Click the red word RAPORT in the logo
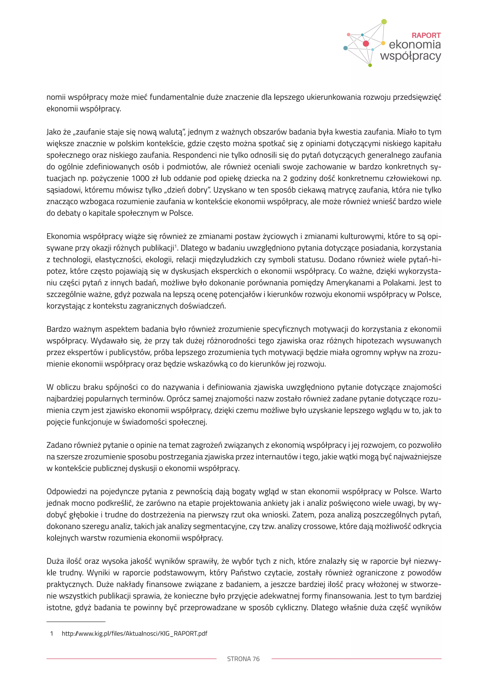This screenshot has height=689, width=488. click(426, 35)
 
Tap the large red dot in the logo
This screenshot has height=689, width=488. click(366, 44)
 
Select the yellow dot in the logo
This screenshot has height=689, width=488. click(383, 43)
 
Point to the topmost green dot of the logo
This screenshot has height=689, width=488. click(384, 22)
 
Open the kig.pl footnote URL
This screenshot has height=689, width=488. click(134, 634)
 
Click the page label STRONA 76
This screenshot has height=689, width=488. click(243, 659)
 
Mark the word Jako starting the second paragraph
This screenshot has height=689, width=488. click(53, 132)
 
